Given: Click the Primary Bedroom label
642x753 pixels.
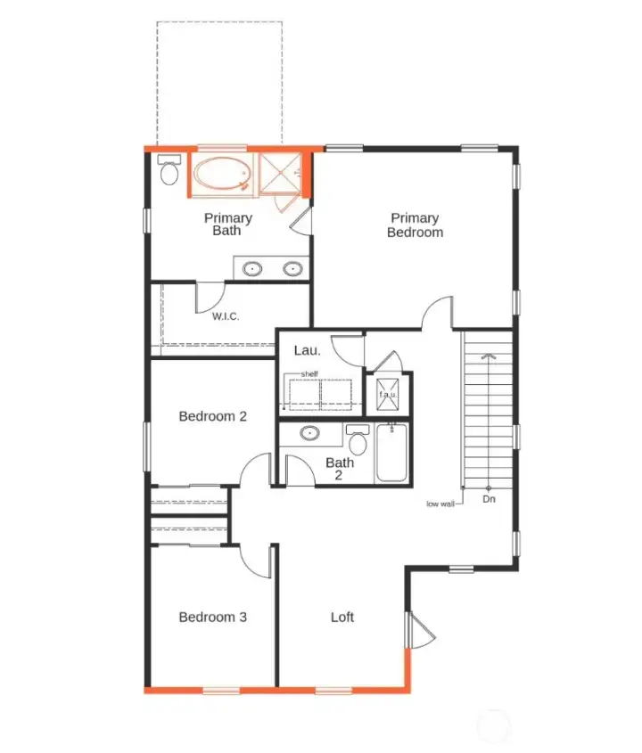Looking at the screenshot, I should [415, 225].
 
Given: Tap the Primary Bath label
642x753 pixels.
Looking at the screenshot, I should [227, 224].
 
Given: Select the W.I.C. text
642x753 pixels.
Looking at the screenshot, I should [226, 315].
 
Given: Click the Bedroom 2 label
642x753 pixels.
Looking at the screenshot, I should [212, 416].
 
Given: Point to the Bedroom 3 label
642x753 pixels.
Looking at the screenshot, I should [212, 617].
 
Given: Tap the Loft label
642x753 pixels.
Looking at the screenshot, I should [342, 617].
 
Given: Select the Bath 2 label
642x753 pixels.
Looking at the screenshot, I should [340, 469].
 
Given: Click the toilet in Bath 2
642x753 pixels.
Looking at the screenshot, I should [358, 440].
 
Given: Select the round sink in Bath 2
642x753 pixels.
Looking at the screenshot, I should [309, 434].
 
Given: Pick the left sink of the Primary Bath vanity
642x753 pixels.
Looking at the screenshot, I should [252, 267].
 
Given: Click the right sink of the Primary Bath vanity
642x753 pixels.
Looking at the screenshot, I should [292, 267].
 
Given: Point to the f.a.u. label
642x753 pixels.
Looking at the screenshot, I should [389, 394].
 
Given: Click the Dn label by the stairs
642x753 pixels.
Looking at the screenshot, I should [489, 499].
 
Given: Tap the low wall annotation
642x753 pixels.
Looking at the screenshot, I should [440, 504].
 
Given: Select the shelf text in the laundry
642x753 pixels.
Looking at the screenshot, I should [309, 373].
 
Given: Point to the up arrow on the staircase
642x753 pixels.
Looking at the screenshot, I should [488, 356].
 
